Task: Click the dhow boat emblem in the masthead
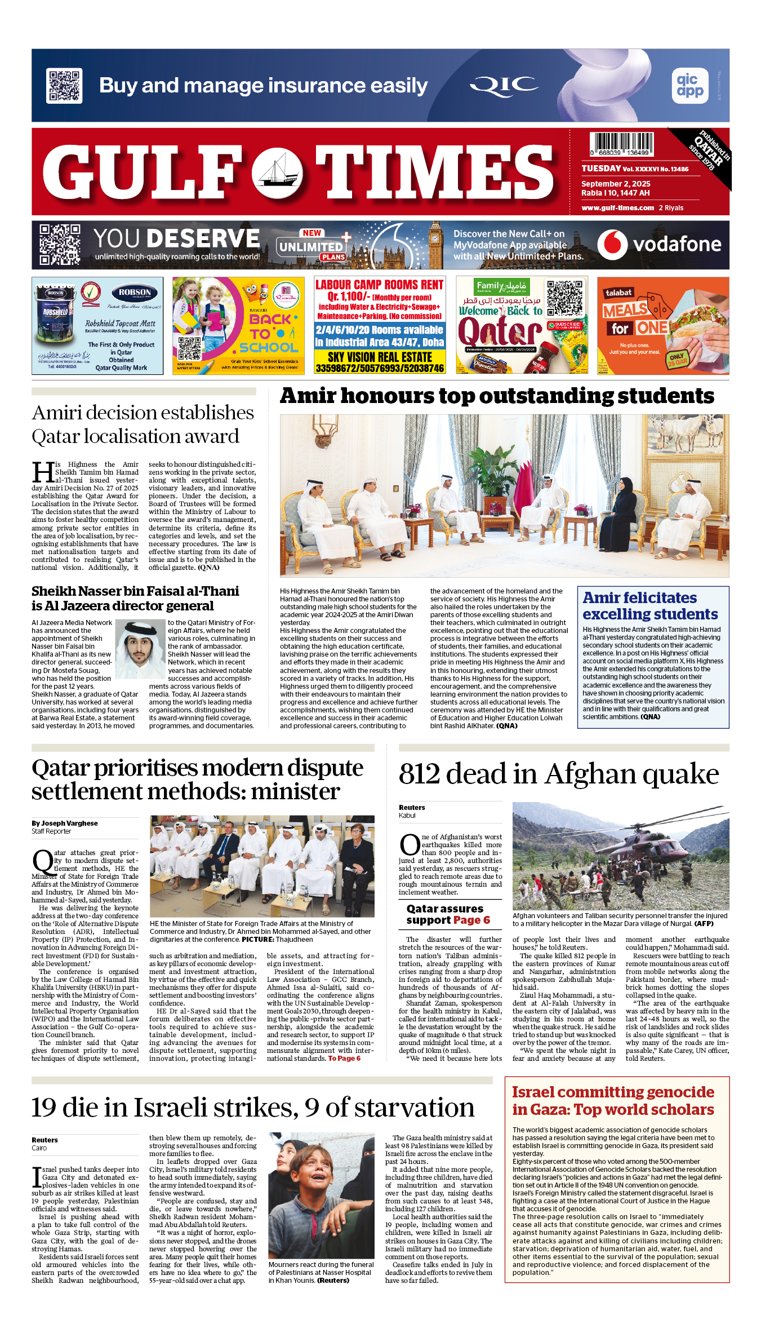point(277,171)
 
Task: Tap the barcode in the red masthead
point(621,144)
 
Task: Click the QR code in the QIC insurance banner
point(64,86)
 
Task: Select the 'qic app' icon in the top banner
point(690,86)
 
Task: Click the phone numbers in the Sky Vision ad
point(380,368)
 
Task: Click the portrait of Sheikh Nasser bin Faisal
point(140,649)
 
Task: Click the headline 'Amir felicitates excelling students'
point(650,606)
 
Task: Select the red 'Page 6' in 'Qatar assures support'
point(471,920)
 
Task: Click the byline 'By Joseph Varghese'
point(65,823)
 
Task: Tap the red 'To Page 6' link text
point(344,1059)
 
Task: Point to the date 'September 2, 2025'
point(616,184)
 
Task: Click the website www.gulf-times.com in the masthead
point(617,208)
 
